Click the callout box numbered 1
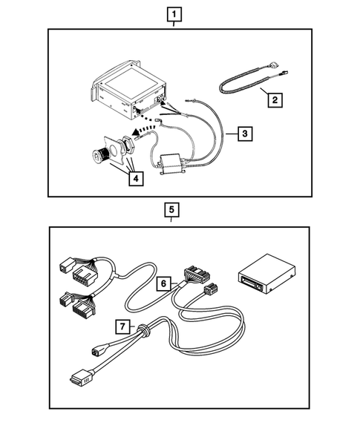174,14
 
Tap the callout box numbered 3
243,134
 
